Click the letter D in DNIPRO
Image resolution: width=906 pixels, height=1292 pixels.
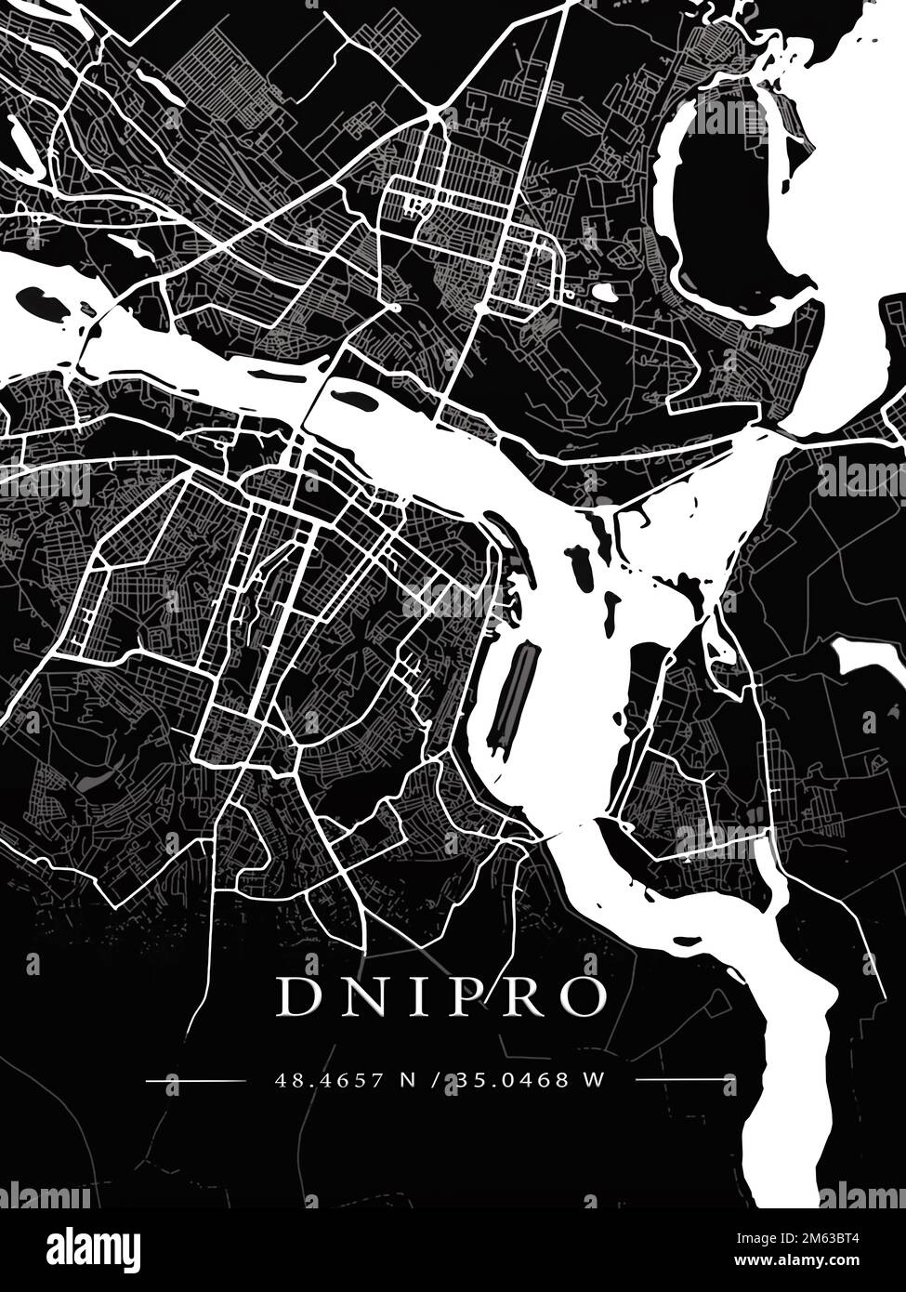click(296, 997)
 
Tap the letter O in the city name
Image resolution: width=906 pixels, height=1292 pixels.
click(584, 997)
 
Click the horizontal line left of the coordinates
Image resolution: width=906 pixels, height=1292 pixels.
click(195, 1080)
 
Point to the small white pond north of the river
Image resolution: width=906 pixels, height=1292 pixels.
click(605, 293)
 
